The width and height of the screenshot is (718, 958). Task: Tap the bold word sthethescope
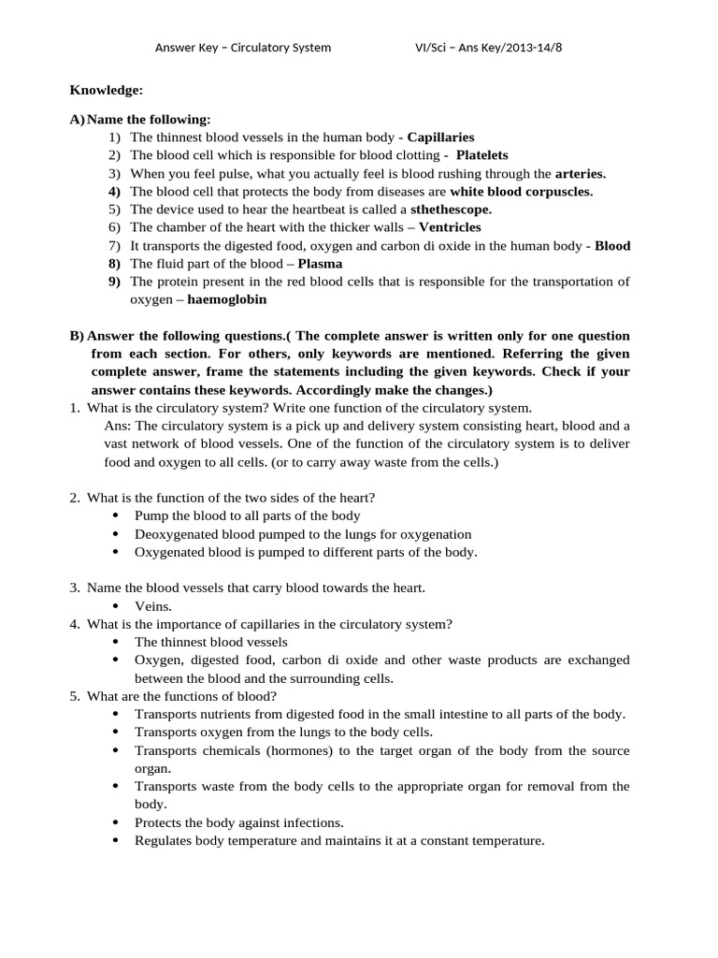451,210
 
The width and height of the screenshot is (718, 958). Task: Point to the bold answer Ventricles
450,227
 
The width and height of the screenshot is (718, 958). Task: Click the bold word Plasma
320,264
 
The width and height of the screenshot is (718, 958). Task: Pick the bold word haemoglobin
227,299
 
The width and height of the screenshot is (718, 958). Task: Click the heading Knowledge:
107,90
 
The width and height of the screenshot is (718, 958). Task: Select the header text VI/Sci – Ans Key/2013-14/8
488,48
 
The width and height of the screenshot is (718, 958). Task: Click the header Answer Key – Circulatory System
242,48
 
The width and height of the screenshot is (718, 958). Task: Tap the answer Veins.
153,606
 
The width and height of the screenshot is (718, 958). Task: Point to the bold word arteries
581,173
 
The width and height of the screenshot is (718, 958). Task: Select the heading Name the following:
149,119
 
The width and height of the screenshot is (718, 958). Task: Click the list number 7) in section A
115,246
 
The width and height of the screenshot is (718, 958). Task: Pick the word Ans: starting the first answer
119,426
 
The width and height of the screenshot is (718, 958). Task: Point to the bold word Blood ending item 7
612,246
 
